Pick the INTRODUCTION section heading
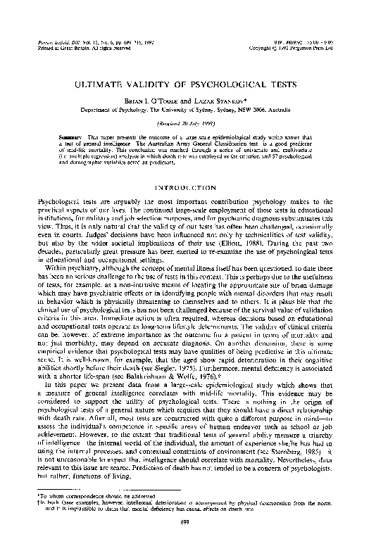pyautogui.click(x=187, y=188)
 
